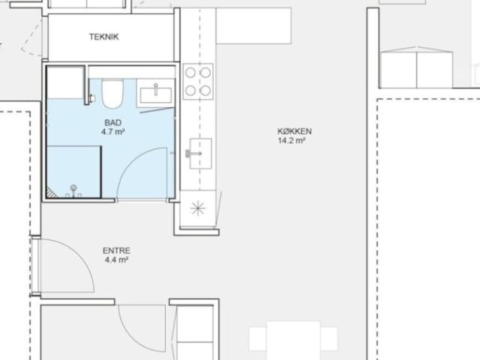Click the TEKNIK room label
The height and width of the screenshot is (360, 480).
103,37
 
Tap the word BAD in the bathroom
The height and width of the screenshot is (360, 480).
113,123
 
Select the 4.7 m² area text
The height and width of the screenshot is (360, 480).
113,132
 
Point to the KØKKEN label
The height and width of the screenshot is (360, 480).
295,131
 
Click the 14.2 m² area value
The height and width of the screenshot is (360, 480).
292,141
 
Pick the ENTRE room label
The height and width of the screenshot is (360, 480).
116,250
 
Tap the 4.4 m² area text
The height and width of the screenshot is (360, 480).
116,260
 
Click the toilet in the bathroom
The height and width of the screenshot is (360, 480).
112,94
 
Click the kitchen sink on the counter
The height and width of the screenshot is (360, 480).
200,153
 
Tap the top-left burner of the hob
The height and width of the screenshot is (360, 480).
190,73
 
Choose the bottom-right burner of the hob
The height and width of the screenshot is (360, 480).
205,91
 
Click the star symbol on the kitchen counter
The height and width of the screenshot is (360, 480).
198,208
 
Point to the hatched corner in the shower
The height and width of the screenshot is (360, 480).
49,193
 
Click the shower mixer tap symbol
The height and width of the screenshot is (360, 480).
73,192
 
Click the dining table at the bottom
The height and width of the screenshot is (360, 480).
293,340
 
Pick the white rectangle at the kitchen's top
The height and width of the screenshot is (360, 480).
253,26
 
